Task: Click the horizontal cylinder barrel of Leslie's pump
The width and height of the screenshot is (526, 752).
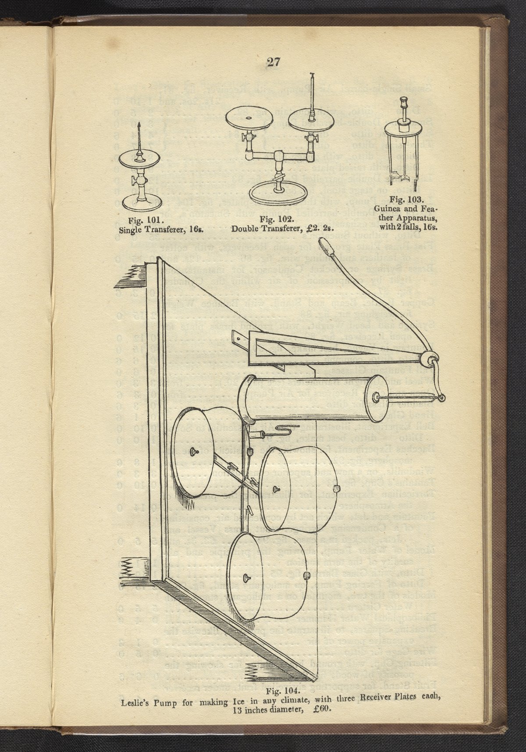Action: click(307, 401)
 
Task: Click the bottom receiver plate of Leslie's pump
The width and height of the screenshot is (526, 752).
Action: click(267, 574)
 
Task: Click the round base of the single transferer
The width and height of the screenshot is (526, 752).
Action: click(140, 203)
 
